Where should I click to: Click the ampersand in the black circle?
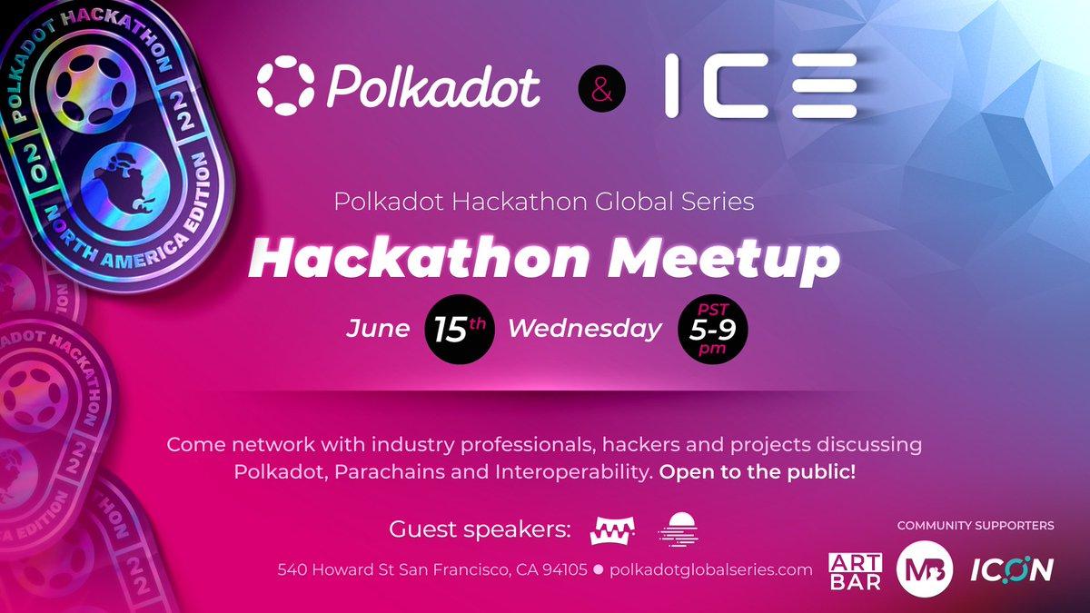(602, 89)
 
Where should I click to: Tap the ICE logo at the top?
(760, 85)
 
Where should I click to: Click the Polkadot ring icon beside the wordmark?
(285, 85)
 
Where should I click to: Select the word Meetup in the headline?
(723, 258)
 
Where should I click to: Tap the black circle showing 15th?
(460, 329)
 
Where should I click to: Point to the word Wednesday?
(585, 329)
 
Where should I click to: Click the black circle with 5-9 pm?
(713, 329)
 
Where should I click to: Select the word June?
(378, 329)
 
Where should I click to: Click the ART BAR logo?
(855, 571)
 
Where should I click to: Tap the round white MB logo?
(925, 569)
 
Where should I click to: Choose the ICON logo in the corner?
(1012, 569)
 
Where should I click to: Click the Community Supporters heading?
(976, 526)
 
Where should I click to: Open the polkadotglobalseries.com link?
(710, 569)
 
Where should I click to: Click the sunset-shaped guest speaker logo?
(679, 529)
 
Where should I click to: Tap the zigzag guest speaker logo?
(612, 530)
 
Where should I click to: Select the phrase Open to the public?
(758, 472)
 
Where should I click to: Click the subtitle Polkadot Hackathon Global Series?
(544, 202)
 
